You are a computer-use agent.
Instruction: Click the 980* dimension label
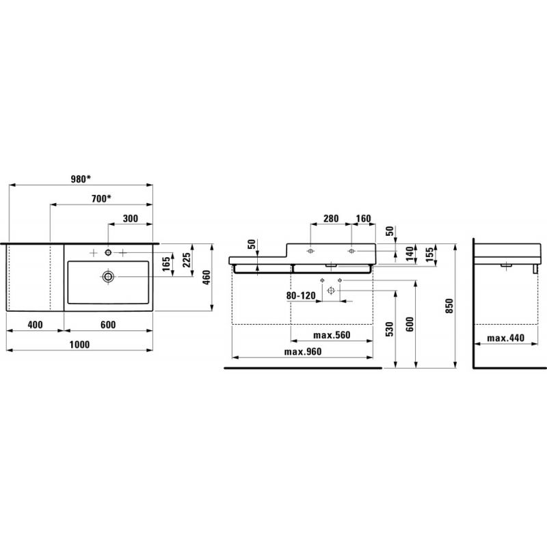81,179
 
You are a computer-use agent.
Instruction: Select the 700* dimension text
101,198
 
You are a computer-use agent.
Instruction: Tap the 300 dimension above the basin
131,218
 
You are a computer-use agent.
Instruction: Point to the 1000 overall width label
79,345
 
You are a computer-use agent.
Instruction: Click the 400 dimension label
36,325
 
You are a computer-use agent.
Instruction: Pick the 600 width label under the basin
108,325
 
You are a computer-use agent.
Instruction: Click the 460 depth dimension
206,278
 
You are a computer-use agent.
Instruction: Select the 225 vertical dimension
187,260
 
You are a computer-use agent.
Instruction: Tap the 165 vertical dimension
167,264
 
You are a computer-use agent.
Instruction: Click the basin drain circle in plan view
108,277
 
